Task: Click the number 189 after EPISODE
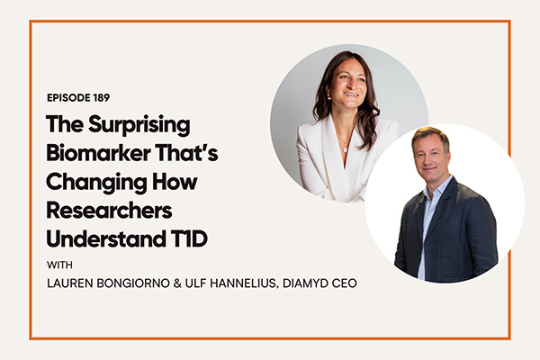click(x=101, y=98)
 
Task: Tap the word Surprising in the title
click(x=139, y=126)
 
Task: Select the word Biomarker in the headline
click(x=98, y=153)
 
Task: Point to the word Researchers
click(x=109, y=211)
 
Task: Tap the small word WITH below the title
click(x=59, y=265)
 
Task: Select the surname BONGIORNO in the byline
click(x=133, y=283)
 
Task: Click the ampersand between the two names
click(x=177, y=283)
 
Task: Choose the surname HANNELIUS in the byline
click(x=244, y=283)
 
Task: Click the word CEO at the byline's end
click(x=344, y=283)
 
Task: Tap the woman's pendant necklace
click(x=345, y=149)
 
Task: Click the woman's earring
click(x=328, y=97)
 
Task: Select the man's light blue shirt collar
click(x=436, y=190)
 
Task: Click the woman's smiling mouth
click(x=351, y=94)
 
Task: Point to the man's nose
click(x=428, y=160)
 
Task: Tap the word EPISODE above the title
click(x=68, y=98)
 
